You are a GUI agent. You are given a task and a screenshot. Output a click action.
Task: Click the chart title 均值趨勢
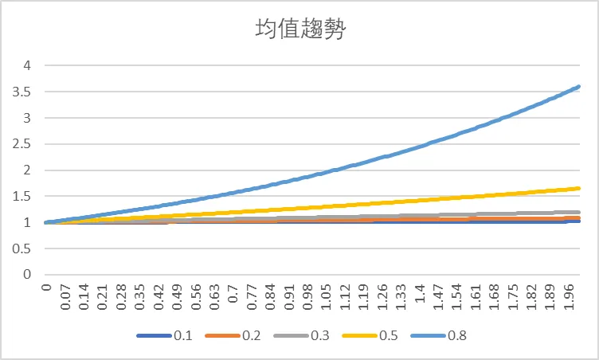click(299, 29)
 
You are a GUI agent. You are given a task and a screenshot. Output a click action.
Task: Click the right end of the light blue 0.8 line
click(578, 86)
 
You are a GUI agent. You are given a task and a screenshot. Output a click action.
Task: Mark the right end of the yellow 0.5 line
click(578, 188)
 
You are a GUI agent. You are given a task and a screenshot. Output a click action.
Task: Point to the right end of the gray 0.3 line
click(578, 212)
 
